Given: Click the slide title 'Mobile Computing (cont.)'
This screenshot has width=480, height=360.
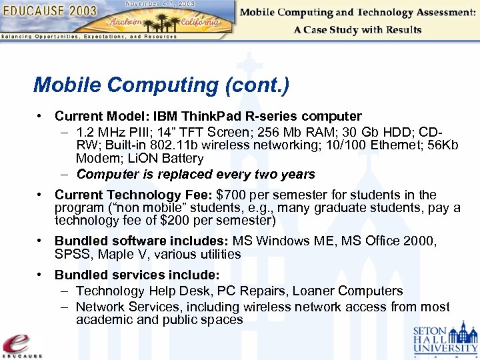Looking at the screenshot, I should click(x=161, y=85).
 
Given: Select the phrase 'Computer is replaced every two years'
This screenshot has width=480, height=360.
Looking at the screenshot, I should click(x=195, y=175).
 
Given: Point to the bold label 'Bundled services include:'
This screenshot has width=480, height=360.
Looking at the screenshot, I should click(x=137, y=275).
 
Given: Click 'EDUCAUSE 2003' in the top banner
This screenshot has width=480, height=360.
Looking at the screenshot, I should click(x=51, y=11).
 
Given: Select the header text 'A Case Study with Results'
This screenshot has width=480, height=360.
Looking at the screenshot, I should click(x=357, y=30).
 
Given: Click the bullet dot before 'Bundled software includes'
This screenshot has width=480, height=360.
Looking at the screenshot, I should click(x=41, y=241).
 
